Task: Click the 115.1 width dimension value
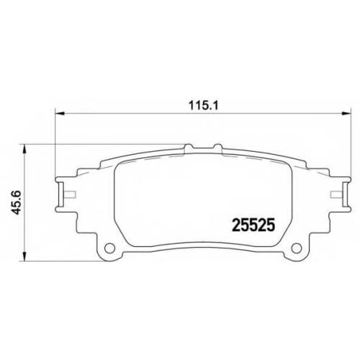point(204,106)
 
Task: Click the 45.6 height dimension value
point(17,203)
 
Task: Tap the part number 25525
point(253,225)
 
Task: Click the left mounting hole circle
point(109,248)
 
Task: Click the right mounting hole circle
point(297,248)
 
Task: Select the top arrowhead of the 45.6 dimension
point(24,149)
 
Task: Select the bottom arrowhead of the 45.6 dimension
point(24,256)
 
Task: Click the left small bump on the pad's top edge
point(189,146)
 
